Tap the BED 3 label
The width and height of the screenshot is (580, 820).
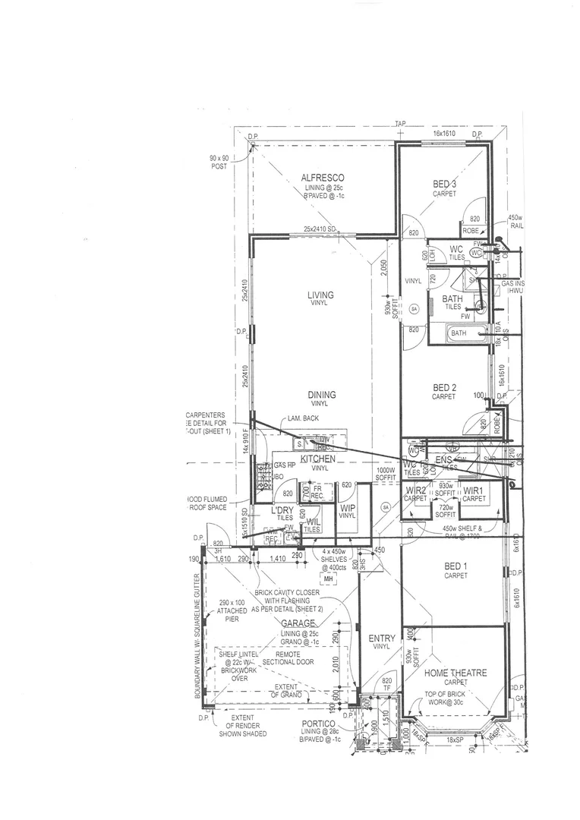pyautogui.click(x=444, y=184)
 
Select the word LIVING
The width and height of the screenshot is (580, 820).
pyautogui.click(x=320, y=295)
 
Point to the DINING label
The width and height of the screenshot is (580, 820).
pyautogui.click(x=322, y=394)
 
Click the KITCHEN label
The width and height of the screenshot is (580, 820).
pyautogui.click(x=317, y=459)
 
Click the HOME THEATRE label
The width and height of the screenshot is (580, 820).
pyautogui.click(x=455, y=673)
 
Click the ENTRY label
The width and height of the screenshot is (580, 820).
pyautogui.click(x=381, y=639)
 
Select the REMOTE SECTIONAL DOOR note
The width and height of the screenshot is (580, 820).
pyautogui.click(x=287, y=658)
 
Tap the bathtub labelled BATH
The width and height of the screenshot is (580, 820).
pyautogui.click(x=459, y=333)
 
